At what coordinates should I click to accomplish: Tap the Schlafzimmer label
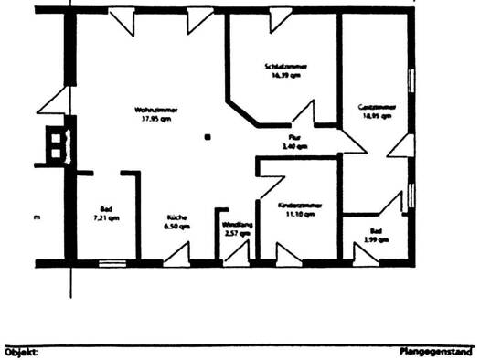[284, 67]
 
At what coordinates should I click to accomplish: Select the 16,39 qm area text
[284, 76]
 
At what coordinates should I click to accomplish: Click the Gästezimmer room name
[375, 108]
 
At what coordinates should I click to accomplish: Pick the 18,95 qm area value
[375, 117]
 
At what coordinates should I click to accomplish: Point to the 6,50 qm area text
[176, 226]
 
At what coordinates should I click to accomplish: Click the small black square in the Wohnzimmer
[208, 136]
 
